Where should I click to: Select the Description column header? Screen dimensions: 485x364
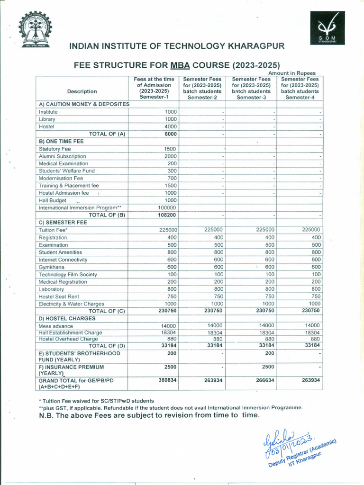(82, 91)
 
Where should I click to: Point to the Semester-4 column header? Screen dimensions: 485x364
(300, 88)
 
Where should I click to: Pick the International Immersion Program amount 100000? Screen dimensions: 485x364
(166, 208)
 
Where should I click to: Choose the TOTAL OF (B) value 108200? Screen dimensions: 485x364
(166, 215)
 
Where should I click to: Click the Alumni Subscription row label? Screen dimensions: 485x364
(62, 156)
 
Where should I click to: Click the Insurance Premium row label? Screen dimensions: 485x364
(71, 370)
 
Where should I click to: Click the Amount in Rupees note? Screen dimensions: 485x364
(295, 72)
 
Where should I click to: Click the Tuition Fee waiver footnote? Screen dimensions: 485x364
(96, 401)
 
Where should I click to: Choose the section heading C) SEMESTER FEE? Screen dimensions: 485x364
(63, 222)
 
